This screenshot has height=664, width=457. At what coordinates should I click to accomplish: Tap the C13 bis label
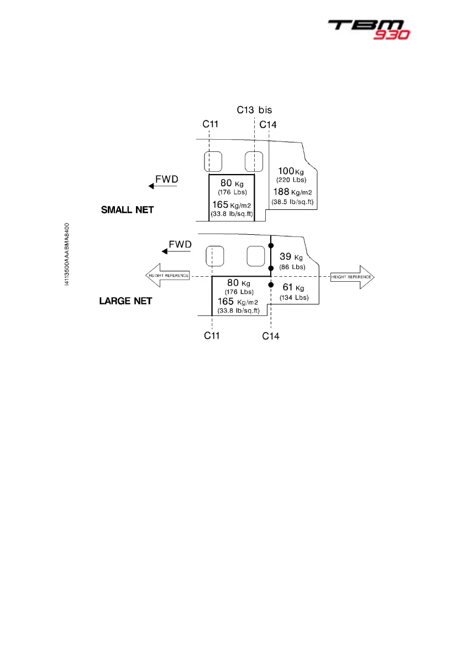pos(254,110)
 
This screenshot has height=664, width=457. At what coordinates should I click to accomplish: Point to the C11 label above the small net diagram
pos(210,124)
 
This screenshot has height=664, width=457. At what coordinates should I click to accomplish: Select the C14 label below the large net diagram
pos(271,336)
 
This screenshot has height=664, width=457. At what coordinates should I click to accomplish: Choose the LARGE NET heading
pos(125,302)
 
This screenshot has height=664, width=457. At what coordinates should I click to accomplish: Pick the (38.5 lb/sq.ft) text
pos(292,202)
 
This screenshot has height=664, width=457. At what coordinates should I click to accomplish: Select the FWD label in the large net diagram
pos(180,244)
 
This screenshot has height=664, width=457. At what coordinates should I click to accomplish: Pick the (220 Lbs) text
pos(291,180)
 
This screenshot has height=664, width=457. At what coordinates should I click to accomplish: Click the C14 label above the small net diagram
pos(268,125)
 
